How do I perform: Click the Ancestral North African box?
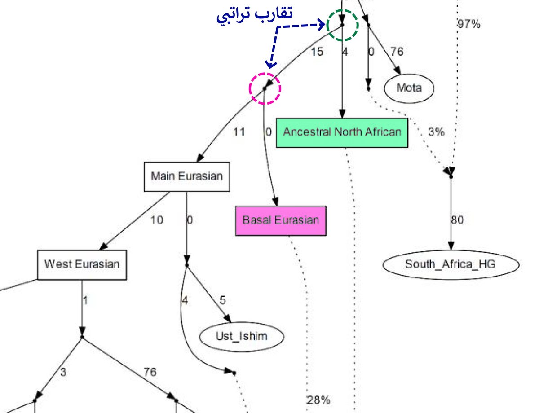point(342,132)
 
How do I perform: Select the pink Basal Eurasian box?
point(281,220)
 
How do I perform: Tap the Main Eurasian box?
point(186,176)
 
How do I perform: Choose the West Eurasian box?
point(82,264)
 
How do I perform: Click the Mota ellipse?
point(409,88)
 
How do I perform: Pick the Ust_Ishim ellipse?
point(242,336)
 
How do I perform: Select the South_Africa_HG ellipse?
point(450,264)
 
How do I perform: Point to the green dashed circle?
point(342,25)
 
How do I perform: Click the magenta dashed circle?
point(265,88)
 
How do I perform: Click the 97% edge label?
point(468,24)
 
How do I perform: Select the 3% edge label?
point(436,132)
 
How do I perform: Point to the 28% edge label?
point(318,400)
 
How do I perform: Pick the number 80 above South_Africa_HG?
point(457,220)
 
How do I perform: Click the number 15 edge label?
point(316,52)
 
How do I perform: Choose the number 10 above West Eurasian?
point(157,220)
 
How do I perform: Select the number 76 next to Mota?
point(396,52)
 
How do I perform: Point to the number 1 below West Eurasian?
point(85,300)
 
